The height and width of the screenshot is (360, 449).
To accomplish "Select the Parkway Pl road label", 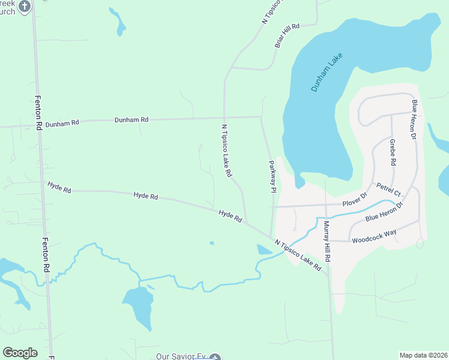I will point(272,176).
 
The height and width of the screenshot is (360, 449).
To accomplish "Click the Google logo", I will point(20,353).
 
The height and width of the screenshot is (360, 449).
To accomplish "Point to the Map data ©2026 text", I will point(423,355).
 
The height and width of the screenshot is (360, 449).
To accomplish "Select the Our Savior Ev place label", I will point(180,356).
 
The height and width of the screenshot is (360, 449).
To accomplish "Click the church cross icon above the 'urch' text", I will point(24,7).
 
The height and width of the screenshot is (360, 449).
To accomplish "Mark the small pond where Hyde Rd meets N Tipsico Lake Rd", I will point(264,249).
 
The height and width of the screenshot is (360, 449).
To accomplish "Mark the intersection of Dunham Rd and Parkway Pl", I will point(261,117).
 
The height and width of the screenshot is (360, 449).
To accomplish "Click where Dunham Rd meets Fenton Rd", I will point(38,126).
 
